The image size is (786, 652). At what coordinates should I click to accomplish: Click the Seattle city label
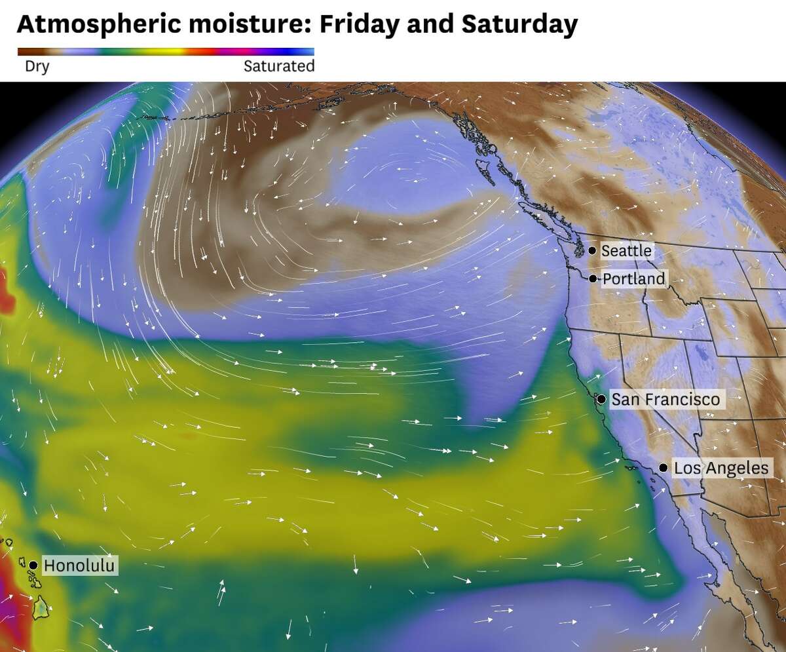tap(626, 250)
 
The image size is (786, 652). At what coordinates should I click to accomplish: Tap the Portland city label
tap(633, 279)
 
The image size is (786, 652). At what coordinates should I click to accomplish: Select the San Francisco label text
tap(665, 399)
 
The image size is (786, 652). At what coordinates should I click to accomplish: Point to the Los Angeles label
tap(720, 468)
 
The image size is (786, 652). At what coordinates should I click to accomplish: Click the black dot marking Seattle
tap(592, 250)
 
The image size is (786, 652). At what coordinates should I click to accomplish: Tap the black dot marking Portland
tap(593, 278)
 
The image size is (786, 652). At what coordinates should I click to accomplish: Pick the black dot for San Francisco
tap(601, 398)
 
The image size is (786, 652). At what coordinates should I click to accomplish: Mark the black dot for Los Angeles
tap(664, 468)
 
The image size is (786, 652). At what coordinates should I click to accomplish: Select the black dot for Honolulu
tap(33, 565)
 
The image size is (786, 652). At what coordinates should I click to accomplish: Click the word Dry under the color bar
tap(37, 66)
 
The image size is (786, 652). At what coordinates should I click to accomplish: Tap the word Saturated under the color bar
tap(279, 66)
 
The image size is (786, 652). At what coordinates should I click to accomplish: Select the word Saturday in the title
tap(519, 25)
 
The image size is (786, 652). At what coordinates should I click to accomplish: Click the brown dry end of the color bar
tap(26, 51)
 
